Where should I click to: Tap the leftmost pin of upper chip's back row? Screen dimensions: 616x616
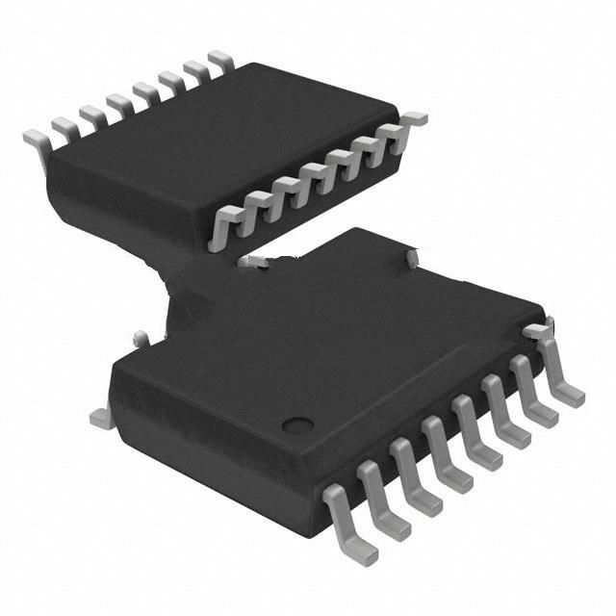(x=37, y=139)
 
